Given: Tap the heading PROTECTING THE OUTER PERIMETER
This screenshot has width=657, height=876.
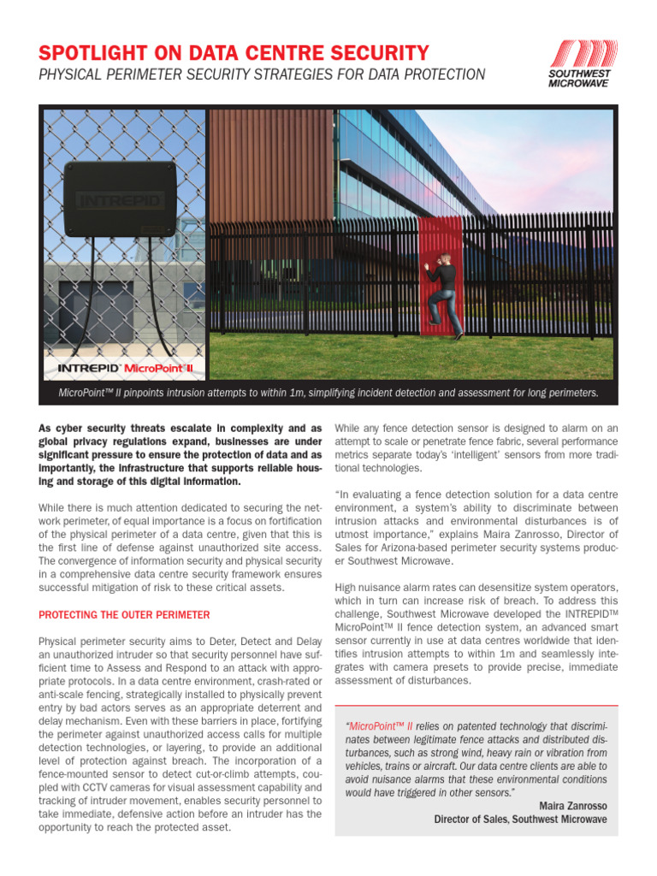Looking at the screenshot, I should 124,615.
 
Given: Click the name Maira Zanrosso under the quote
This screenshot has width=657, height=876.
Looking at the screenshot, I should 573,806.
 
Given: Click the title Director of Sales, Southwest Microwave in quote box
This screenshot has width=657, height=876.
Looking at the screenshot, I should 520,819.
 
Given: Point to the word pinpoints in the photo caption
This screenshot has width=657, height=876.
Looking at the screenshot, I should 163,393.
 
